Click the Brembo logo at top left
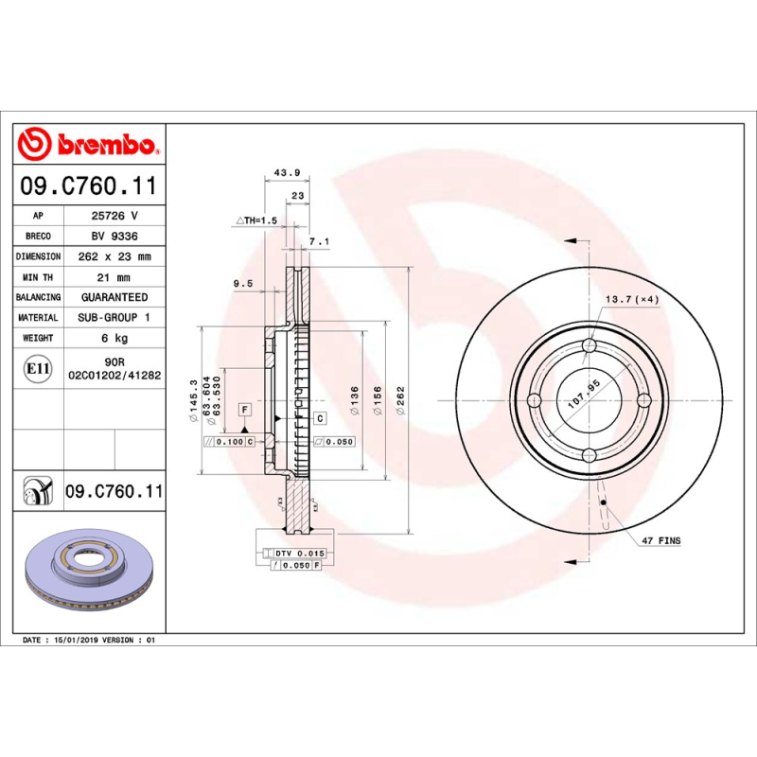click(x=87, y=145)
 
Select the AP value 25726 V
click(x=114, y=216)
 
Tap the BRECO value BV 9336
click(x=114, y=237)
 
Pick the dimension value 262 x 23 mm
click(x=114, y=256)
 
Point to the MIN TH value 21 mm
click(x=114, y=277)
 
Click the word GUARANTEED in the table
click(x=114, y=297)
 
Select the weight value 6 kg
click(x=114, y=338)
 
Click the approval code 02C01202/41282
click(x=114, y=376)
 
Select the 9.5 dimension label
click(x=242, y=283)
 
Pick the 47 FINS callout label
click(x=661, y=540)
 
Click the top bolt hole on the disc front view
click(x=589, y=346)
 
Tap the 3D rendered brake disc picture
click(x=88, y=573)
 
